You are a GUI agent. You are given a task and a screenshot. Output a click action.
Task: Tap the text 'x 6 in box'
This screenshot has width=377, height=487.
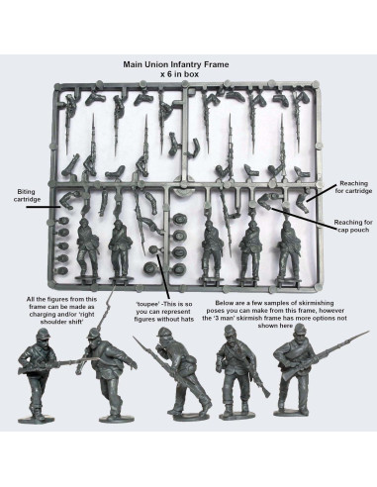[188, 74]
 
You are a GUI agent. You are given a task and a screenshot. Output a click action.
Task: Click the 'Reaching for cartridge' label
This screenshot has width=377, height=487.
[353, 188]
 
